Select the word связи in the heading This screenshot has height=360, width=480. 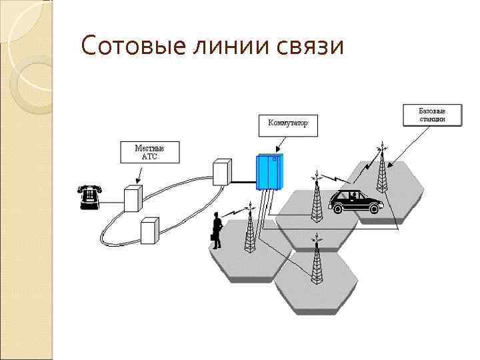pyautogui.click(x=311, y=47)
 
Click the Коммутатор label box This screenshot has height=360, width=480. pyautogui.click(x=287, y=123)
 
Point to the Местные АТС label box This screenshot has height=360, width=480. pyautogui.click(x=149, y=153)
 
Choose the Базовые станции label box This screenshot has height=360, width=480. pyautogui.click(x=432, y=114)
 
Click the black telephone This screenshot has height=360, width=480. pyautogui.click(x=88, y=195)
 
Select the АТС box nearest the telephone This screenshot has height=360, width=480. pyautogui.click(x=133, y=198)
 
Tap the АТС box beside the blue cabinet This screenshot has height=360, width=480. pyautogui.click(x=221, y=172)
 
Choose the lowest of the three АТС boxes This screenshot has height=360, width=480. pyautogui.click(x=149, y=231)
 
